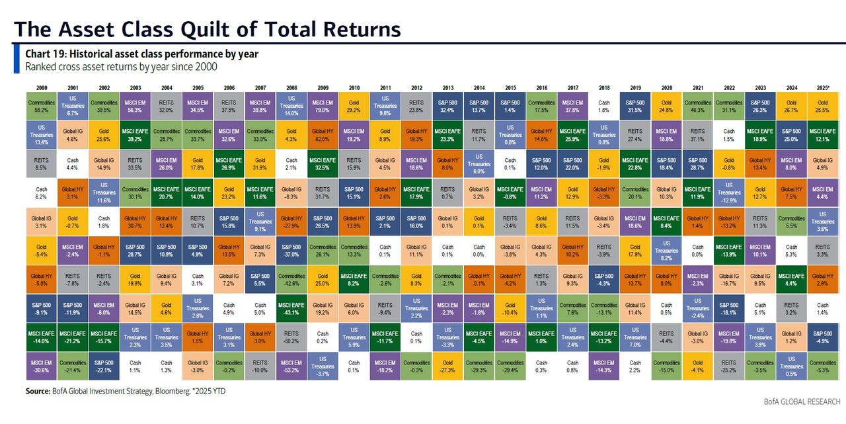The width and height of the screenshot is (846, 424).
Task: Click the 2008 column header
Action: (x=291, y=88)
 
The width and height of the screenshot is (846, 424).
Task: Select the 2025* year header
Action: (x=822, y=88)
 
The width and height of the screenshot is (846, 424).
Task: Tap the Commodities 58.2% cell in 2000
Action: (x=41, y=106)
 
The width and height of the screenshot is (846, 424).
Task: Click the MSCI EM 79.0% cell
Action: (x=323, y=106)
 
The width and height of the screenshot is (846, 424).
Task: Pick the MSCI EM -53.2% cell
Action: (x=291, y=366)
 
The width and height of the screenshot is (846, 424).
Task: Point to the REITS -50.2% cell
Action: (x=291, y=337)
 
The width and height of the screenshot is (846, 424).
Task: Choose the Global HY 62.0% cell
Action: (x=323, y=136)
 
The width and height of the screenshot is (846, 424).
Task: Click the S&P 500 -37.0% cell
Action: (x=291, y=250)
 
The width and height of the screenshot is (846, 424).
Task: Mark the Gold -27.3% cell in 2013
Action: (x=447, y=366)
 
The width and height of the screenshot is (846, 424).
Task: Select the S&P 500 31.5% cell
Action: (x=635, y=106)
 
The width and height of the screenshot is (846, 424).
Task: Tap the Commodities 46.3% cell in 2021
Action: (x=697, y=106)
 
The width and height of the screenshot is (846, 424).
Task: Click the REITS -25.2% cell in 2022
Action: (x=728, y=366)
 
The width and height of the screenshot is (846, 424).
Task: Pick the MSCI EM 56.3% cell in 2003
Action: (x=135, y=106)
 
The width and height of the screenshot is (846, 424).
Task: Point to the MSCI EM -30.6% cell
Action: (x=41, y=366)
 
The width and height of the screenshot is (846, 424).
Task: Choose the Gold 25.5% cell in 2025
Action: (x=822, y=106)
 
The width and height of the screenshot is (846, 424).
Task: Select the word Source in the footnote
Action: (x=38, y=392)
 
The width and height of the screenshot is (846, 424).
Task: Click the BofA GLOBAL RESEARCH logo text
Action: (x=802, y=402)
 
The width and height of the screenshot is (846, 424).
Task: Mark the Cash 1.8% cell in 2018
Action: (x=603, y=106)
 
